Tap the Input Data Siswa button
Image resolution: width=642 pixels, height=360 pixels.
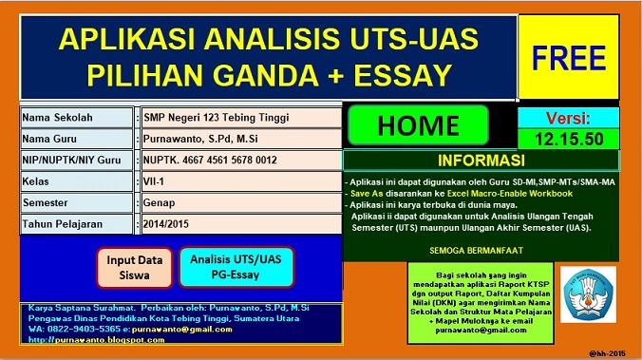click(134, 266)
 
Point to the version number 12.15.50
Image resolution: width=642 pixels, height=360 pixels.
click(568, 139)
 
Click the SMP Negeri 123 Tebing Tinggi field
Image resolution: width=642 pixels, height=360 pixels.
click(240, 118)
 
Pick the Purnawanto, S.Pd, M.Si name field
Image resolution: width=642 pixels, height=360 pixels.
click(240, 139)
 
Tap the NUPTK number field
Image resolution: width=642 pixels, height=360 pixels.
click(240, 161)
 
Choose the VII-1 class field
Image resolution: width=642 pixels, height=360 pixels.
click(240, 181)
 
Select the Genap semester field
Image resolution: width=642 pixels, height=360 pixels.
click(240, 203)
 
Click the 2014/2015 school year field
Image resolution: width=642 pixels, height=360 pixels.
click(240, 225)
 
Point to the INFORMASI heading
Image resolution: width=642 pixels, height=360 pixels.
click(482, 160)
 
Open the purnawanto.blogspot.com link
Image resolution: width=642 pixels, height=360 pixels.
click(85, 339)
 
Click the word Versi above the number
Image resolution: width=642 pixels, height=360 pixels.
click(568, 119)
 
